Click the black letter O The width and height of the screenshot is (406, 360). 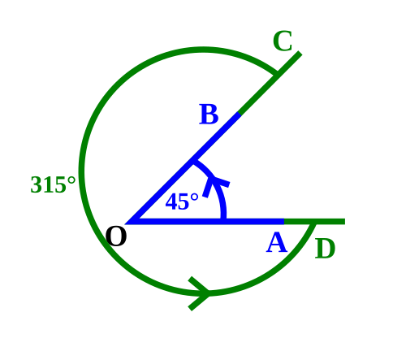pyautogui.click(x=116, y=236)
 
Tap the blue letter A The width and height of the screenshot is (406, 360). pyautogui.click(x=276, y=243)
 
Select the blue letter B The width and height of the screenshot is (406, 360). pyautogui.click(x=209, y=115)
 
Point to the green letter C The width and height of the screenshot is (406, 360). pyautogui.click(x=283, y=41)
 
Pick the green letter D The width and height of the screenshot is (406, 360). pyautogui.click(x=325, y=249)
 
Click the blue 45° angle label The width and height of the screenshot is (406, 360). pyautogui.click(x=182, y=202)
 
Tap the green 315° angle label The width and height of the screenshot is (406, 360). pyautogui.click(x=53, y=184)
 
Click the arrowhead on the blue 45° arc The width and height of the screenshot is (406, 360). pyautogui.click(x=216, y=184)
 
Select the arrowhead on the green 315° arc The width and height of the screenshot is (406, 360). pyautogui.click(x=200, y=293)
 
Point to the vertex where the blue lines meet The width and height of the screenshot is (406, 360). pyautogui.click(x=127, y=222)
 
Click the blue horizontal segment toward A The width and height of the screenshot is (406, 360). pyautogui.click(x=205, y=222)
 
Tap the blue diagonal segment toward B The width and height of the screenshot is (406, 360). pyautogui.click(x=184, y=168)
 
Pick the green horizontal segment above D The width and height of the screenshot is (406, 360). pyautogui.click(x=314, y=222)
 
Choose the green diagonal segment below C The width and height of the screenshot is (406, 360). pyautogui.click(x=270, y=82)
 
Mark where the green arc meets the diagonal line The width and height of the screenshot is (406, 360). pyautogui.click(x=276, y=74)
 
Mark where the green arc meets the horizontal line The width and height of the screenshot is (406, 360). pyautogui.click(x=313, y=223)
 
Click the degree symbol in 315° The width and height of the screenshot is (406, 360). pyautogui.click(x=71, y=180)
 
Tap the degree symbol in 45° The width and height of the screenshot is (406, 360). pyautogui.click(x=194, y=197)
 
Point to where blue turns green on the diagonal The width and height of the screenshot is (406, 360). pyautogui.click(x=240, y=114)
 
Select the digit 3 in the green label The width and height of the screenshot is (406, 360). pyautogui.click(x=35, y=184)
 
